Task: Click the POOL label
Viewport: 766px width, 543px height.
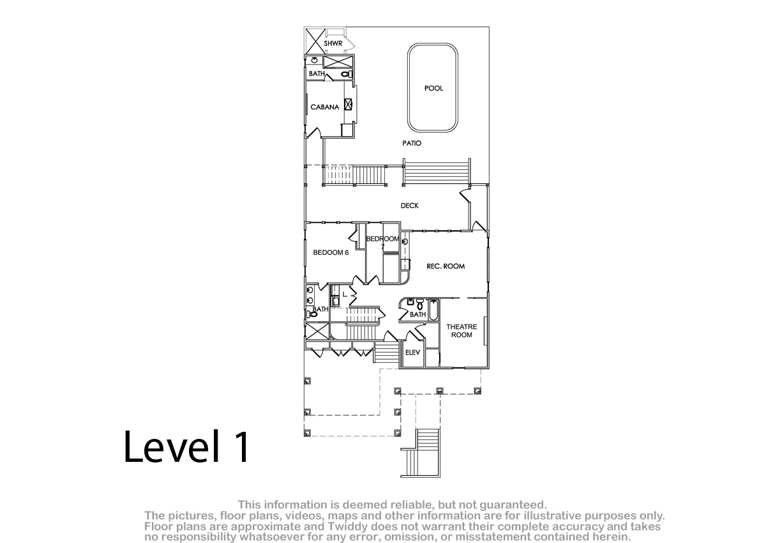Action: point(433,88)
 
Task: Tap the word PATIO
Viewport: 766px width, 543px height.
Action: point(412,143)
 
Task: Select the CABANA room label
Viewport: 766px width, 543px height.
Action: point(324,107)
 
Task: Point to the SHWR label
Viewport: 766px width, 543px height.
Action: point(333,43)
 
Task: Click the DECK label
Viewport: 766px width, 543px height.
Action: point(409,206)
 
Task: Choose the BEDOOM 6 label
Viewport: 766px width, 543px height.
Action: point(331,252)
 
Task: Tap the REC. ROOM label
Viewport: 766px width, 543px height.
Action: point(446,266)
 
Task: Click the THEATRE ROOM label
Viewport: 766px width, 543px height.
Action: point(462,331)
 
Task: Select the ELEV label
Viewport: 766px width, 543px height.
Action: point(412,353)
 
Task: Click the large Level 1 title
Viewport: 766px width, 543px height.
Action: point(186,447)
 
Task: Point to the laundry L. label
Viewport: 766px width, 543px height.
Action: point(345,294)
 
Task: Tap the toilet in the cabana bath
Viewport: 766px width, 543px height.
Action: point(347,74)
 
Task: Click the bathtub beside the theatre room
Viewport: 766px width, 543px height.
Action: point(433,310)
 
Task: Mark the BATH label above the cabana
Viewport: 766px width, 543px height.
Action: point(317,73)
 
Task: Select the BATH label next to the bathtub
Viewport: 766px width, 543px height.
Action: point(417,314)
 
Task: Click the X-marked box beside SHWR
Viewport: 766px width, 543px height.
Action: point(315,41)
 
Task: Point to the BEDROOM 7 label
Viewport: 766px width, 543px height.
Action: point(382,241)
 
